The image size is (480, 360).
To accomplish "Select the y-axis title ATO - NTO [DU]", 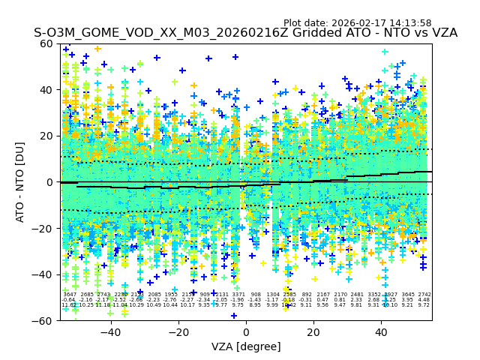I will click(21, 181).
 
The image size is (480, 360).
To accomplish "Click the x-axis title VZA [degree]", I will click(246, 346).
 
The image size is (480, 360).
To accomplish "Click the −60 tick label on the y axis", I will click(44, 320).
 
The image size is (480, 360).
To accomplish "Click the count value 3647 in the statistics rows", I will click(70, 295).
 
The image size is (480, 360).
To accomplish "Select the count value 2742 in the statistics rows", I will click(424, 295).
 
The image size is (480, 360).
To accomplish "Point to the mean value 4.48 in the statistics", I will click(424, 300).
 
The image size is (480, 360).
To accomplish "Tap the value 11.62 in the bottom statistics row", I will click(69, 305).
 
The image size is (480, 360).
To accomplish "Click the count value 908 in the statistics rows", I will click(256, 295).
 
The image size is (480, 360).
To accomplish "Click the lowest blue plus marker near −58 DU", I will click(234, 316).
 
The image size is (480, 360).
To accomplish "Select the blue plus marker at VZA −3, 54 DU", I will click(235, 57).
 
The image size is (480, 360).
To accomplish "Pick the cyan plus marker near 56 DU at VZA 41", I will click(385, 52).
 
